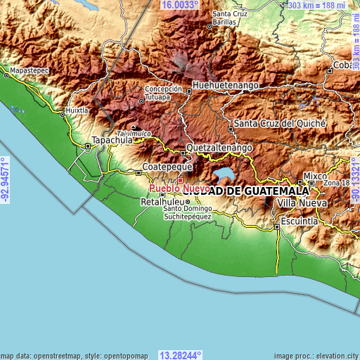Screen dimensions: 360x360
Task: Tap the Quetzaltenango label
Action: coord(218,149)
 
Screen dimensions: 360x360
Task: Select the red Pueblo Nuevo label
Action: coord(178,188)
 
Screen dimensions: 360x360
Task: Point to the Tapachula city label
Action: coord(112,140)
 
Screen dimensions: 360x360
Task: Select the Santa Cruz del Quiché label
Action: coord(280,123)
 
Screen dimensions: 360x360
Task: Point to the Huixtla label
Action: coord(76,110)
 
